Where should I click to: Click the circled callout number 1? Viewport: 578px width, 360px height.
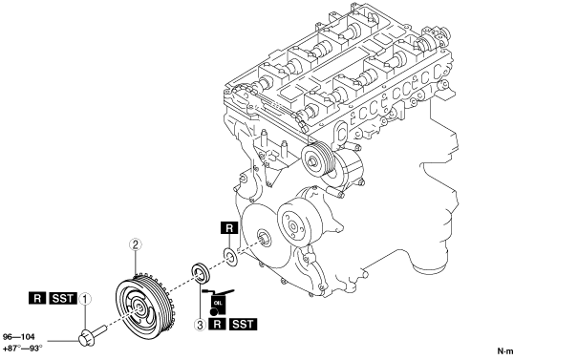(x=85, y=299)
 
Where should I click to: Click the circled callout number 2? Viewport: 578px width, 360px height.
(x=136, y=244)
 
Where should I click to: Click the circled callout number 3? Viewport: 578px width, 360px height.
(x=201, y=325)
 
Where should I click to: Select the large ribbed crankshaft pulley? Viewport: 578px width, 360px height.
(x=145, y=307)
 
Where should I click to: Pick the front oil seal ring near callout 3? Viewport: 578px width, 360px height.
(x=201, y=274)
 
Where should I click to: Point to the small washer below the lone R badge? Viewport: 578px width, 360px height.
(x=230, y=257)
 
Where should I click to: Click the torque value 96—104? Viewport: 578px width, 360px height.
(x=19, y=337)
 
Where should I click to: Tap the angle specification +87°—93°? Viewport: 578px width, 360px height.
(x=23, y=348)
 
